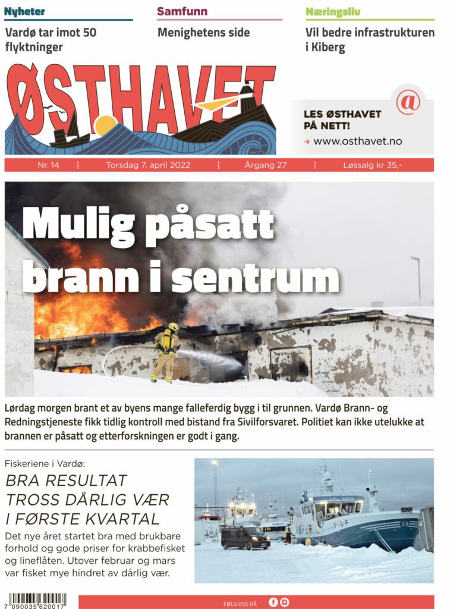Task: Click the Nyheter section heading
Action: pos(25,12)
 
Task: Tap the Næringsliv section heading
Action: pos(333,12)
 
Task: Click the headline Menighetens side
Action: pos(203,33)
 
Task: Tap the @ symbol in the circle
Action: pos(408,102)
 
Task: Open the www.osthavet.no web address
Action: pos(357,142)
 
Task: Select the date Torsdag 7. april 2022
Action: pos(148,165)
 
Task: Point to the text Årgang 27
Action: pos(265,165)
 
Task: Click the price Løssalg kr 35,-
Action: pos(373,165)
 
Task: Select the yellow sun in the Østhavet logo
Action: pos(106,125)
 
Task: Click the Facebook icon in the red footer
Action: pos(273,602)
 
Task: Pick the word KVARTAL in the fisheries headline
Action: pos(121,518)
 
